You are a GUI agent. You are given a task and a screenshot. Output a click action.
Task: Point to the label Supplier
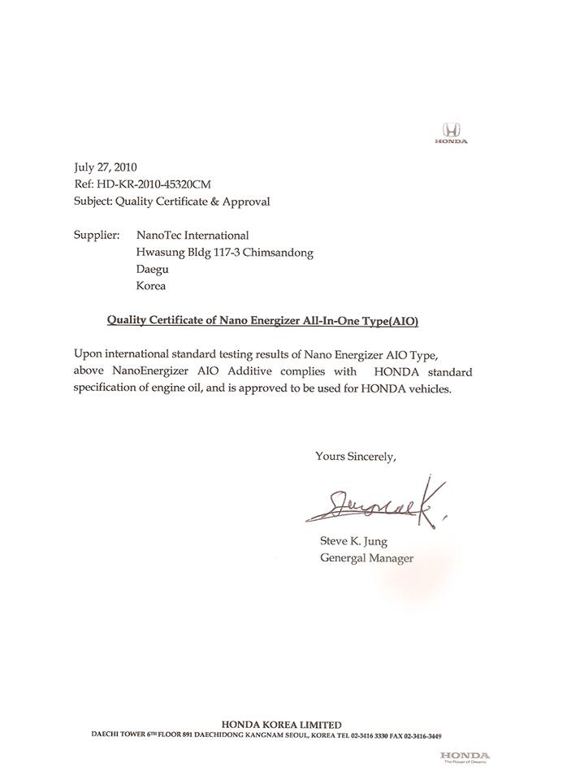coord(97,235)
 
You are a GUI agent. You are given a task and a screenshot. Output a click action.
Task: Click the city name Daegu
coord(152,269)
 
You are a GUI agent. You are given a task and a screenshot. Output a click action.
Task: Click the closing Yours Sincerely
coord(355,456)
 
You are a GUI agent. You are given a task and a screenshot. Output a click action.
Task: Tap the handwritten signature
coord(374,505)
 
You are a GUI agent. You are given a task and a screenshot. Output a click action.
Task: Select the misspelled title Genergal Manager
coord(366,558)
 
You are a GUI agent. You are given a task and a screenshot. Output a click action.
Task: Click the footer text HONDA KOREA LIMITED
coord(281,724)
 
